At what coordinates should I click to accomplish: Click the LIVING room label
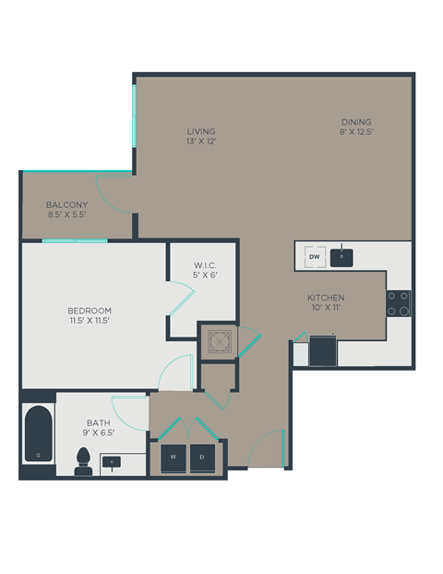(x=201, y=132)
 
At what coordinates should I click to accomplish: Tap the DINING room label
(x=355, y=122)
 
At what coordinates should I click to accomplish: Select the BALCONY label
(x=67, y=204)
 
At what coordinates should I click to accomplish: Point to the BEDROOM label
(x=89, y=310)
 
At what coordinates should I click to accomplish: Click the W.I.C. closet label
(x=205, y=264)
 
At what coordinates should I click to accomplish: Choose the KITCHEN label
(x=327, y=298)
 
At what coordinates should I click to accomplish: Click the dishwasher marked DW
(x=314, y=256)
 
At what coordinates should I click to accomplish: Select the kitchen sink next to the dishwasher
(x=341, y=256)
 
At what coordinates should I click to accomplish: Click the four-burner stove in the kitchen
(x=399, y=303)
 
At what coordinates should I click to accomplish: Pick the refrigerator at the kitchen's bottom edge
(x=323, y=350)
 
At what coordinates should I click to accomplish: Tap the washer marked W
(x=173, y=457)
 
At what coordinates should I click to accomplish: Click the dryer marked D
(x=201, y=457)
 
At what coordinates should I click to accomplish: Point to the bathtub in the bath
(x=38, y=436)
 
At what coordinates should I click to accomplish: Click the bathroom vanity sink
(x=114, y=459)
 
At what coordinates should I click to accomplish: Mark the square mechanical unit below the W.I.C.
(x=218, y=341)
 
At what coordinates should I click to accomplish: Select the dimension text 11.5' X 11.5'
(x=89, y=321)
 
